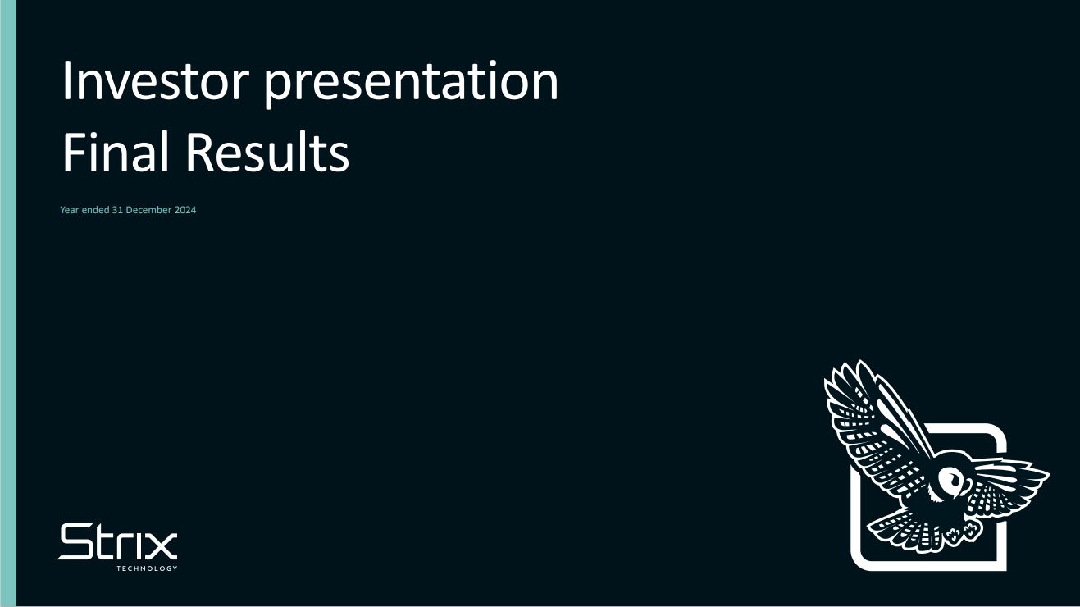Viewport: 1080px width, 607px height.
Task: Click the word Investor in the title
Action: [x=156, y=80]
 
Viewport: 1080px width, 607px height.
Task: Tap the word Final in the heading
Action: [x=116, y=152]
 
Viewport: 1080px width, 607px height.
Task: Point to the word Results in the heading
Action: [x=267, y=152]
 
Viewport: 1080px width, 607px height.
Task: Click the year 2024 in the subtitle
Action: [x=185, y=210]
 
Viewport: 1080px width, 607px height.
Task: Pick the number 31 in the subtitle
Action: [x=117, y=210]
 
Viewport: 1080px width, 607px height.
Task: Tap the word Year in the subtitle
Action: [x=70, y=210]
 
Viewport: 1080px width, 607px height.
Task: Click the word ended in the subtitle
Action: [x=96, y=210]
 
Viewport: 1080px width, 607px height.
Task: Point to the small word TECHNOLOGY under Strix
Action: [x=147, y=568]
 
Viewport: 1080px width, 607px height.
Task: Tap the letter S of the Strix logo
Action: [x=75, y=542]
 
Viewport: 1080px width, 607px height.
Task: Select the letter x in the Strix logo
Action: [x=162, y=545]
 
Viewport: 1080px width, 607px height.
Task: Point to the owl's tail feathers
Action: [x=906, y=531]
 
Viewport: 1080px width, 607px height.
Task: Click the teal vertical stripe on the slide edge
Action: [x=8, y=303]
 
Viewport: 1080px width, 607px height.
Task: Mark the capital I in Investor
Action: [x=66, y=80]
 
